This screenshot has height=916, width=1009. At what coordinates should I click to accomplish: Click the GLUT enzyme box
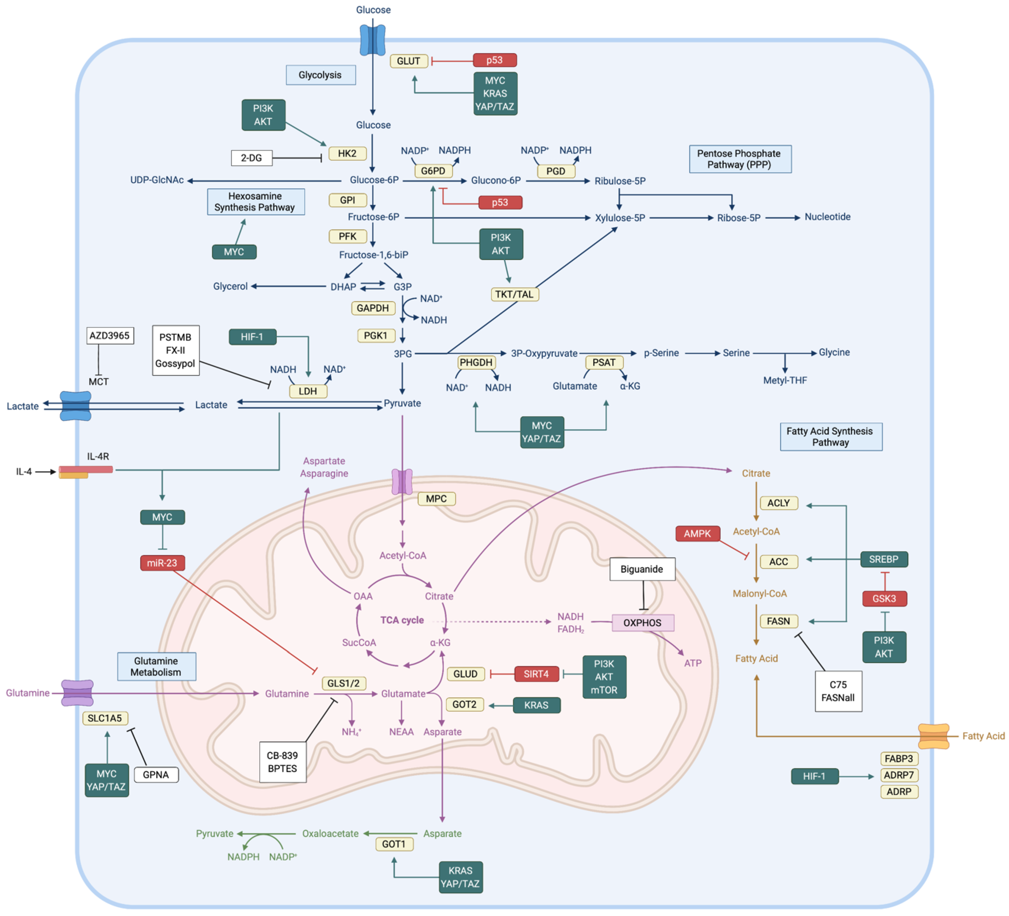(x=408, y=61)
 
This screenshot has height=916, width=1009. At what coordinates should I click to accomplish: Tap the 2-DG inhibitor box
(x=251, y=158)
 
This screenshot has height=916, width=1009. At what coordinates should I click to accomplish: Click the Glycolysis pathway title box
(x=320, y=75)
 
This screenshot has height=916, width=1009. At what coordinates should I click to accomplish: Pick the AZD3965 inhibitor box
(x=110, y=336)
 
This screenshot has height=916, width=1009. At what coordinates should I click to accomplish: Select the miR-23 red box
(x=162, y=563)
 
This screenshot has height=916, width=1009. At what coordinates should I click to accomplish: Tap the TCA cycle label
(x=402, y=620)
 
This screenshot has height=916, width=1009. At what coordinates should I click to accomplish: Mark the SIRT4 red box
(x=536, y=674)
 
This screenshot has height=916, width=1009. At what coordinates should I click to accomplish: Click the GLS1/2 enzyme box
(x=343, y=683)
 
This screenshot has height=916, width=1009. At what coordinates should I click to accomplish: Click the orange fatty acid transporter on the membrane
(x=933, y=736)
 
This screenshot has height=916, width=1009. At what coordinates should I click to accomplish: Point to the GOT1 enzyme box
(x=394, y=844)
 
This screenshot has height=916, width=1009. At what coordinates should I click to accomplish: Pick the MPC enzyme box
(x=436, y=499)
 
